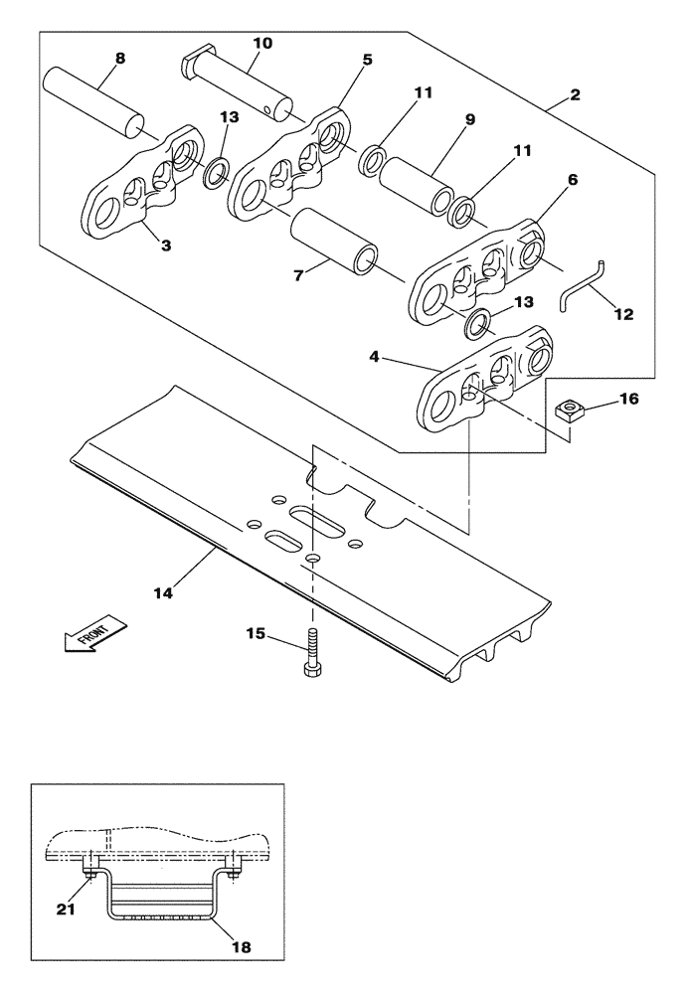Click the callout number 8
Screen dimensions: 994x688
120,58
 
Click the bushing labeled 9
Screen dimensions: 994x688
415,184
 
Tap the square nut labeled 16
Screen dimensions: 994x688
570,407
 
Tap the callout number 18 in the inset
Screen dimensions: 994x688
240,948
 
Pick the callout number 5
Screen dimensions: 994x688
367,60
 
